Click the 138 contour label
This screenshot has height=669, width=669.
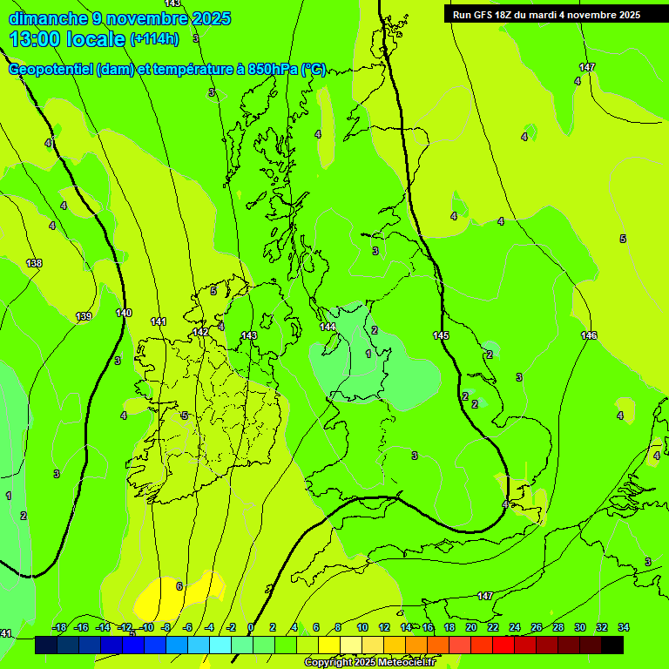click(x=34, y=263)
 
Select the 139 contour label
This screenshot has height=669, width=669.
click(x=84, y=316)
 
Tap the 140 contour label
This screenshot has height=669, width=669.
click(x=124, y=313)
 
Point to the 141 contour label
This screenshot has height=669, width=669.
click(x=158, y=321)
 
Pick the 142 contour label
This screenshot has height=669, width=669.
click(x=200, y=332)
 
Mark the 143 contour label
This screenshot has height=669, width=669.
click(x=249, y=335)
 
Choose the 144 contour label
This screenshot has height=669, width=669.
click(x=328, y=327)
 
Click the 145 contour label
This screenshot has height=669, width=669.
click(x=441, y=335)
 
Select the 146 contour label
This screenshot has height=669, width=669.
click(x=589, y=335)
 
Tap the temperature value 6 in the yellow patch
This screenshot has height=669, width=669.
click(x=179, y=586)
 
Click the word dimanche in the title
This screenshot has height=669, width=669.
click(x=44, y=18)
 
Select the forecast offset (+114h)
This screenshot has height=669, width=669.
click(x=154, y=39)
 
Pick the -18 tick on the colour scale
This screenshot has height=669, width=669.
click(x=59, y=627)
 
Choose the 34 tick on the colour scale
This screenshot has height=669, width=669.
click(x=623, y=627)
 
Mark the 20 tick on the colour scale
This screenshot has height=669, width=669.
click(x=471, y=627)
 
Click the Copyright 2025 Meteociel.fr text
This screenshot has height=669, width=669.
click(x=369, y=662)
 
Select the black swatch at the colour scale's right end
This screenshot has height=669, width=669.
click(x=612, y=645)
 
